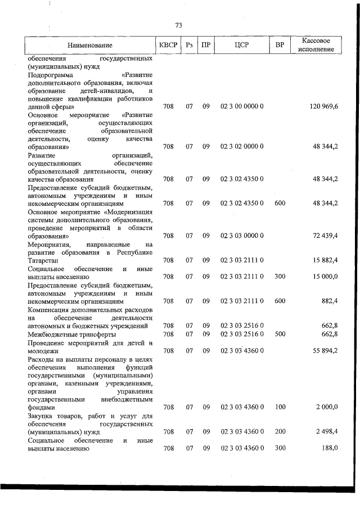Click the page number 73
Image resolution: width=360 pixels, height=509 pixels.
pyautogui.click(x=179, y=25)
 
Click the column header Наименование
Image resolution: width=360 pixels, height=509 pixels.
pyautogui.click(x=89, y=45)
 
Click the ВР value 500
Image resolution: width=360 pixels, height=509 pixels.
pyautogui.click(x=280, y=334)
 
